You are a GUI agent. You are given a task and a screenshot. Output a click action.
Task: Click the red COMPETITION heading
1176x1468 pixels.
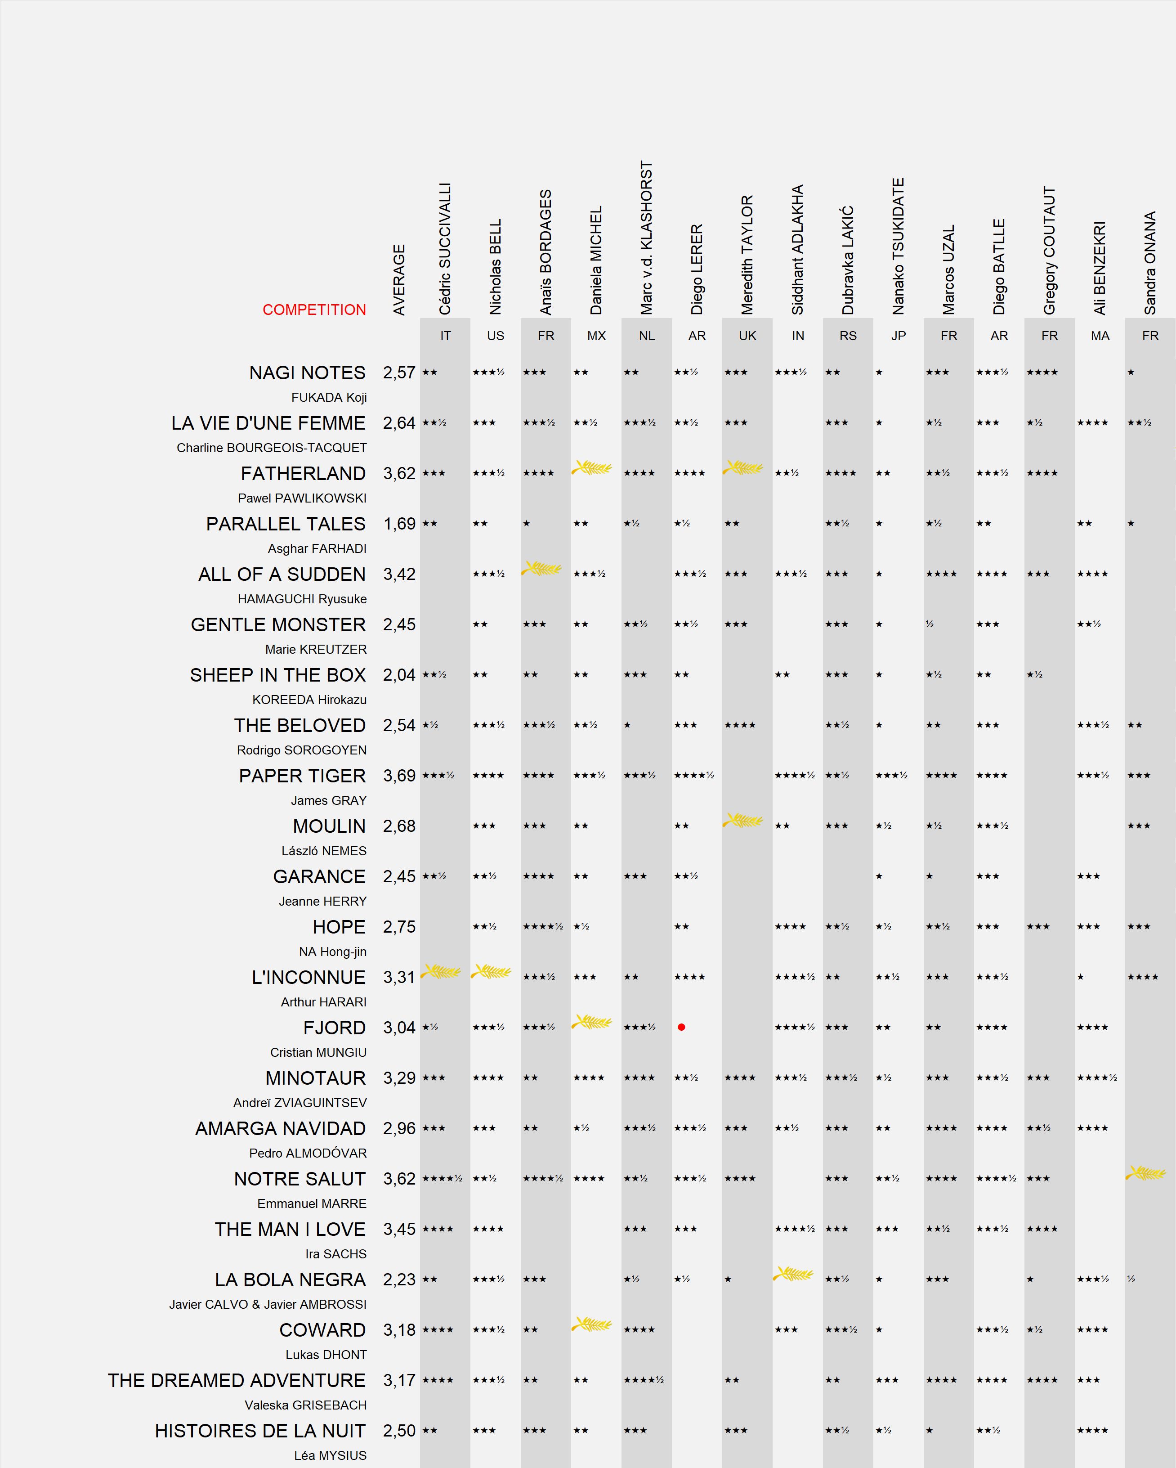[314, 310]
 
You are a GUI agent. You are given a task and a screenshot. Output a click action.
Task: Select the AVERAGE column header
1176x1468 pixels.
[399, 280]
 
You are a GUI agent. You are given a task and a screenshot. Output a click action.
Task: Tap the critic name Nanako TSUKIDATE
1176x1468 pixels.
[899, 247]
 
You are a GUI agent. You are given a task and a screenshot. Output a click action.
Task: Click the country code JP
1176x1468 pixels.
[899, 336]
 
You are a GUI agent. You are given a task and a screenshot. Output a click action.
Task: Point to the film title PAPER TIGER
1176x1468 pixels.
[302, 776]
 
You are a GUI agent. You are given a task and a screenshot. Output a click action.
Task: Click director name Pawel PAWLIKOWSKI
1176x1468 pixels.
[302, 498]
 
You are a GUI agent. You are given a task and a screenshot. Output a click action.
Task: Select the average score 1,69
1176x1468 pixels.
[399, 524]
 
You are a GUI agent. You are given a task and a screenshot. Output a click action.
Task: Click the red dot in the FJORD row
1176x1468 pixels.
[681, 1027]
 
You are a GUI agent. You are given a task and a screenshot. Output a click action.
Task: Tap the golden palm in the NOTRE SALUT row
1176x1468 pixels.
[1146, 1172]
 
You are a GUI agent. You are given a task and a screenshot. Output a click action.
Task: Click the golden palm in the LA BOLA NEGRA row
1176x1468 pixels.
[794, 1273]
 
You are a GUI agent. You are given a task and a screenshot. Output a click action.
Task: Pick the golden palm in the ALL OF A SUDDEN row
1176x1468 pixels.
[542, 568]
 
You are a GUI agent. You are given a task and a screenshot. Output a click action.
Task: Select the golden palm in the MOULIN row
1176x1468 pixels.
[743, 820]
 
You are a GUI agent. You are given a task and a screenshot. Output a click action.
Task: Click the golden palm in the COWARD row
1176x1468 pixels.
[592, 1324]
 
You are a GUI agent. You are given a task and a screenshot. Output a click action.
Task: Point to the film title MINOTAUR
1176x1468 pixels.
[316, 1078]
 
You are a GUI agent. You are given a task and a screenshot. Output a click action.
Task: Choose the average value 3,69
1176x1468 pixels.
[399, 776]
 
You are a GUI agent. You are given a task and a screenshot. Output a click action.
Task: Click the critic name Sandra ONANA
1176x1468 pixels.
[1150, 263]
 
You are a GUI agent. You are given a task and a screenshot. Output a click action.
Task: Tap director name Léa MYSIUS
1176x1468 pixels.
[330, 1455]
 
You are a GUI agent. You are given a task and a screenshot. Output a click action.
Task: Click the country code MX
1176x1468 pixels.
[596, 336]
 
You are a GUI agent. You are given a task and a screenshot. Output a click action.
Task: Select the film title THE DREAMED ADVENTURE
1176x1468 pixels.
[237, 1380]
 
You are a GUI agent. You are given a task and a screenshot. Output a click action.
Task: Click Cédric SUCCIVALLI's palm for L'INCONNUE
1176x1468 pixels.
[441, 971]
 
